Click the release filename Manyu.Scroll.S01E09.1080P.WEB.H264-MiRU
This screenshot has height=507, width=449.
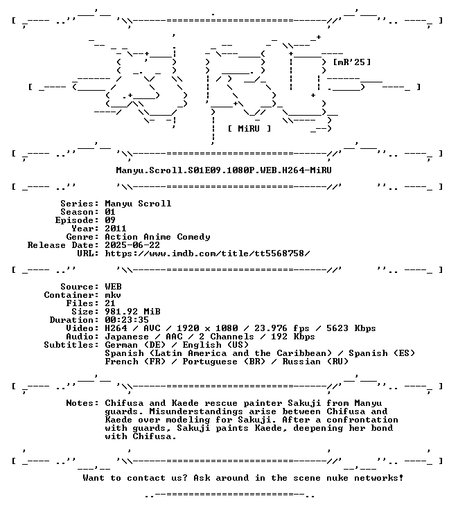point(224,170)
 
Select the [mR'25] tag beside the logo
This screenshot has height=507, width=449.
point(352,62)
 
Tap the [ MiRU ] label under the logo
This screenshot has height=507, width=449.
point(249,128)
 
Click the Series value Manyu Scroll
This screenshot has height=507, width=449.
point(138,204)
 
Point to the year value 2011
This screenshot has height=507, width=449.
point(116,229)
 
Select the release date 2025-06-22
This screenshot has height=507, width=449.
point(132,245)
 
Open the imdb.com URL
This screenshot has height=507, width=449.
point(207,254)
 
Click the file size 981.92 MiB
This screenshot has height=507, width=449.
point(132,312)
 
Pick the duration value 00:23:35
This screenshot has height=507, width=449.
point(127,320)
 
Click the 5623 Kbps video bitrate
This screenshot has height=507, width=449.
point(351,328)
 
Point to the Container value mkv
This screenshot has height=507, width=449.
point(113,295)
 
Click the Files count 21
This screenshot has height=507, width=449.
point(110,303)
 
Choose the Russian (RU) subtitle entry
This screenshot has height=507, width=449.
point(315,361)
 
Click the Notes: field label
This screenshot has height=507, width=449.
point(82,403)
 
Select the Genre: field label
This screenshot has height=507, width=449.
point(82,237)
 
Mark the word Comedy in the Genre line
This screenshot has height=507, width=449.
point(193,237)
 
